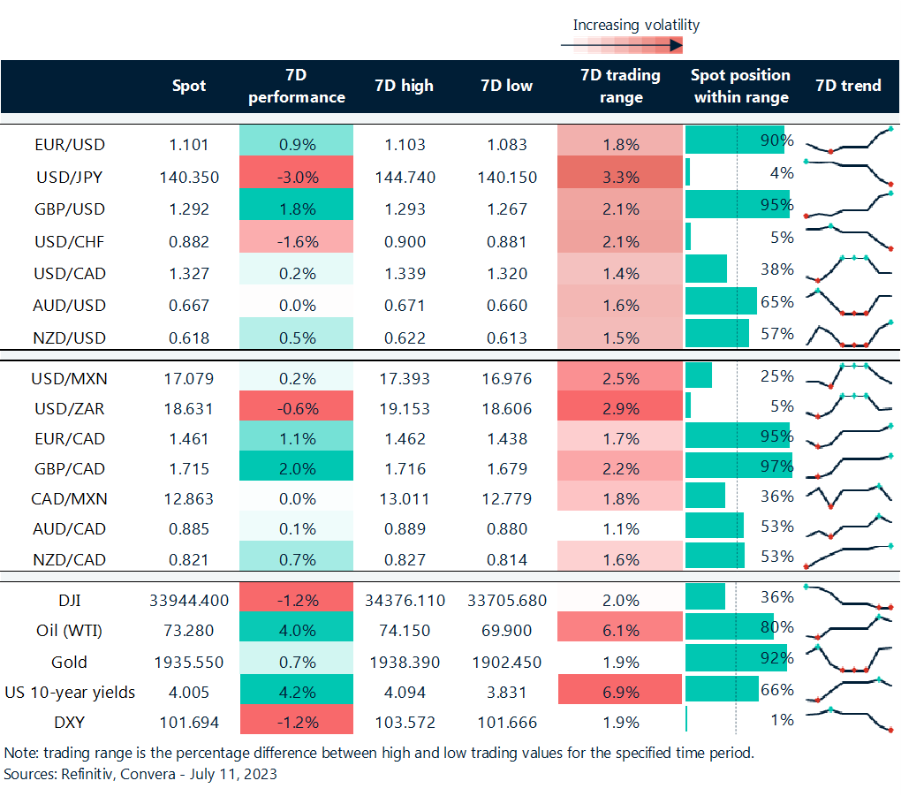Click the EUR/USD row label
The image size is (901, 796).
coord(68,144)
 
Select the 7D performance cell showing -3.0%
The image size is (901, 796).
coord(296,177)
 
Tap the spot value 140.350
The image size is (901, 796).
coord(189,177)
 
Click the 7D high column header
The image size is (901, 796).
coord(405,86)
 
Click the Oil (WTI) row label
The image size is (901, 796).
coord(68,631)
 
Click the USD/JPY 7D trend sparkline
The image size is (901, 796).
coord(850,171)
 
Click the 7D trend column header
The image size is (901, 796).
coord(849,86)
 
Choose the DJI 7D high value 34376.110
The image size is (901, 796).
coord(405,600)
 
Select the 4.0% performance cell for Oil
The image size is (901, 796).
coord(296,631)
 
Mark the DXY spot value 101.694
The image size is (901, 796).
coord(189,722)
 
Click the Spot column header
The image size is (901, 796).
coord(189,86)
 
